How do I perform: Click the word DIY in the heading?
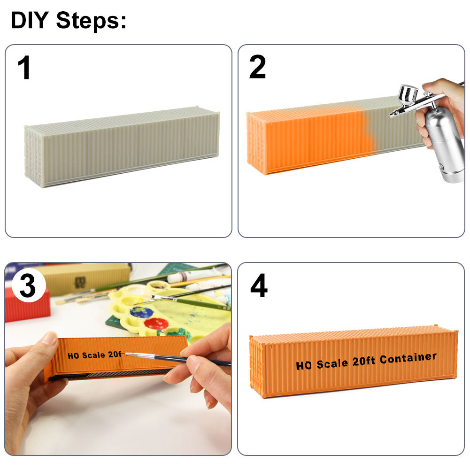point(30,20)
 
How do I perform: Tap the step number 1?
point(24,68)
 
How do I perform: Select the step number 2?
point(257,67)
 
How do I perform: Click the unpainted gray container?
point(122,146)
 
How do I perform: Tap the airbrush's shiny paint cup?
point(408,94)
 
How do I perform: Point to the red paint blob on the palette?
point(156,324)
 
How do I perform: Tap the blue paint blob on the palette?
point(142,312)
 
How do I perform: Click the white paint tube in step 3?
point(195,275)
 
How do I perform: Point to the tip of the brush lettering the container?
point(125,354)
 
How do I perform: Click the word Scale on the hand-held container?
point(93,355)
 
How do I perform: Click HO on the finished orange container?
point(304,366)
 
